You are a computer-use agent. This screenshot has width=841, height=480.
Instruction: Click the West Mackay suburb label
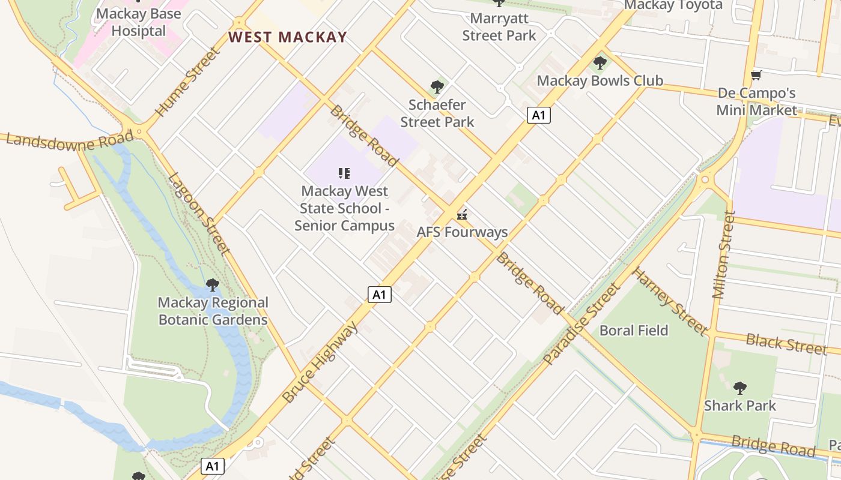(x=288, y=37)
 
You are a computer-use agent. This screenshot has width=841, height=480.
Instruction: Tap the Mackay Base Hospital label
(x=138, y=22)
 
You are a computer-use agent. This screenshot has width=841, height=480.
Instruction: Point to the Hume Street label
(x=187, y=82)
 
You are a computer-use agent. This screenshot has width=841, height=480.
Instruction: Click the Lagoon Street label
(x=199, y=214)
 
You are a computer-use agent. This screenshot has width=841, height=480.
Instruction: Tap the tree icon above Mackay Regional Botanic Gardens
(x=212, y=284)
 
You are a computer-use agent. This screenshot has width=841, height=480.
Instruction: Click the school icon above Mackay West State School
(x=344, y=174)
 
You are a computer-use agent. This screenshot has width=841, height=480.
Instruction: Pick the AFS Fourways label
(x=462, y=232)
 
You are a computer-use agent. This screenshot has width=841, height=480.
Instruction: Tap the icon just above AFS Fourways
(x=462, y=214)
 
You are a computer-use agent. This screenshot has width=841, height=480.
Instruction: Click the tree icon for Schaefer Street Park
(x=437, y=87)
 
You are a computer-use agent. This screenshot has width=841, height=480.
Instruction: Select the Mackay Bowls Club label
(x=600, y=80)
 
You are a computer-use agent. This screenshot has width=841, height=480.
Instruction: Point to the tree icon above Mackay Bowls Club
(x=600, y=63)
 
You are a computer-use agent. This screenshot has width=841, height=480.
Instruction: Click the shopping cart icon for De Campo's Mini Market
(x=756, y=76)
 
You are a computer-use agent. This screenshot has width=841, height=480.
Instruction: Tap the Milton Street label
(x=723, y=255)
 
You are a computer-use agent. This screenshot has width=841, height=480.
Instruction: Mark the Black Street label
(x=786, y=344)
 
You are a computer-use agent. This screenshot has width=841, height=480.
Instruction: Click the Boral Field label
(x=634, y=331)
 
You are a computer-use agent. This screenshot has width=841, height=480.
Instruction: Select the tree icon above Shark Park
(x=740, y=388)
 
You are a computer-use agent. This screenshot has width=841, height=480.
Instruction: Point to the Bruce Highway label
(x=320, y=362)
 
